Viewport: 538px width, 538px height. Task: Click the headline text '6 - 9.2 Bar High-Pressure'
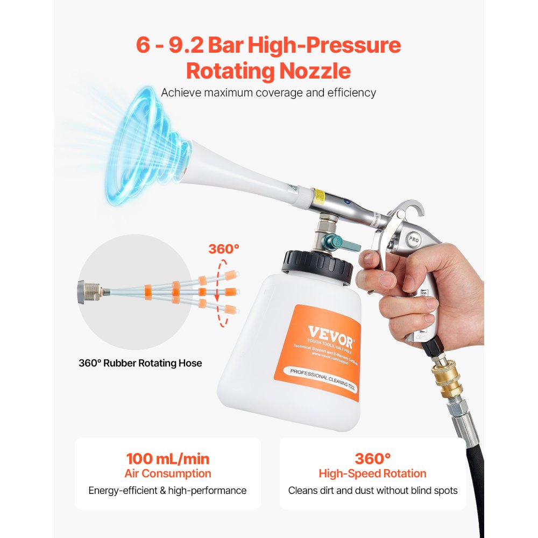click(268, 45)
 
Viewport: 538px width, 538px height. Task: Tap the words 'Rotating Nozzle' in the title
click(268, 71)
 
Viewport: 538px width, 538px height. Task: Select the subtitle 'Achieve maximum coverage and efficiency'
click(268, 93)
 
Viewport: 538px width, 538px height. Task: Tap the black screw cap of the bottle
click(317, 267)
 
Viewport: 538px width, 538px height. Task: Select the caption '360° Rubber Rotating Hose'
click(140, 363)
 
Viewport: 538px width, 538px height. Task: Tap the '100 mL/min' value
click(167, 459)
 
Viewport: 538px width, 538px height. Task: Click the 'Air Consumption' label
click(167, 473)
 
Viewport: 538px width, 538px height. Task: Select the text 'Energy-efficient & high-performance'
click(167, 491)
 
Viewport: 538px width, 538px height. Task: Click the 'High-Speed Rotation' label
click(372, 473)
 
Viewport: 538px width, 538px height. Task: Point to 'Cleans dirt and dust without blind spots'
click(372, 491)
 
